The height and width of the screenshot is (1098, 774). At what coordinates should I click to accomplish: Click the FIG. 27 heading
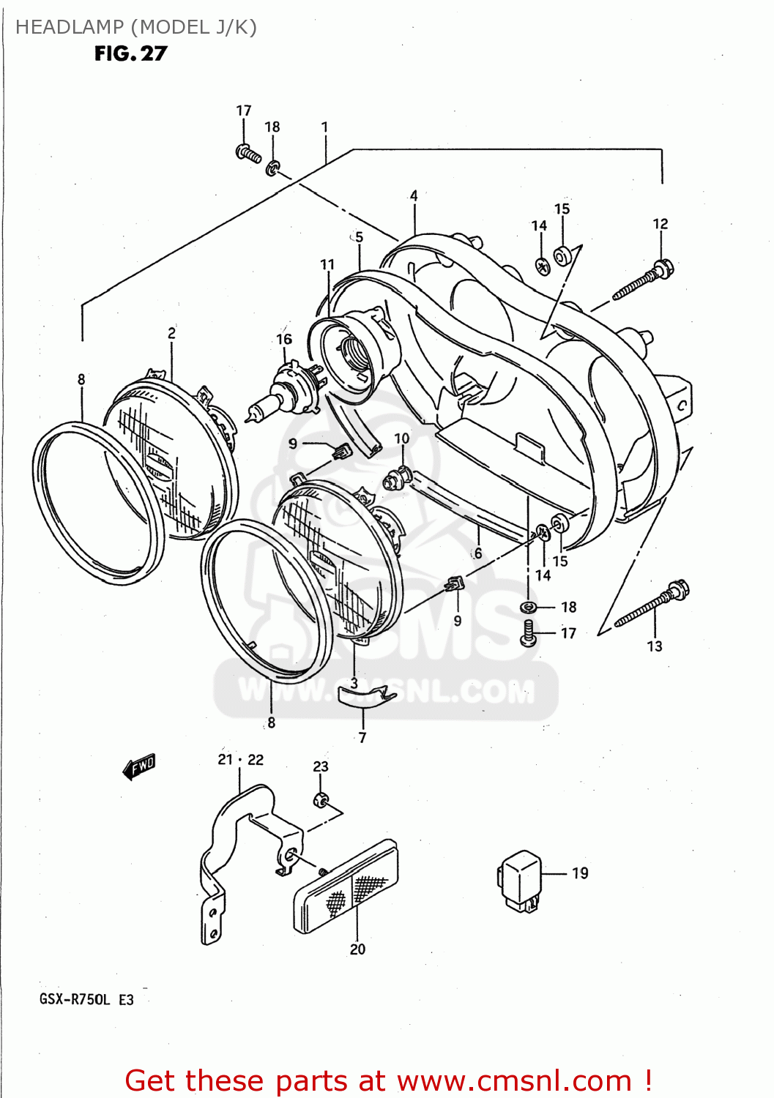(x=130, y=53)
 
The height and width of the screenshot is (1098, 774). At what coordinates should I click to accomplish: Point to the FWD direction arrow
(x=139, y=766)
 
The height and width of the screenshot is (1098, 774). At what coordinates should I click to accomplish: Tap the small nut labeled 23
(x=321, y=799)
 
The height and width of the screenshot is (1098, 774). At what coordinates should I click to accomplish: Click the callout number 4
(x=414, y=195)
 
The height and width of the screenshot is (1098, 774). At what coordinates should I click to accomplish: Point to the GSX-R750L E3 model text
(x=86, y=999)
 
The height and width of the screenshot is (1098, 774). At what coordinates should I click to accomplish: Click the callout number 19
(x=580, y=873)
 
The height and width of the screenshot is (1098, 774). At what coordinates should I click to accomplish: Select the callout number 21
(x=225, y=759)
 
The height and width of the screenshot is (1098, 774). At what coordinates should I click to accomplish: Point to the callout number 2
(x=171, y=332)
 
